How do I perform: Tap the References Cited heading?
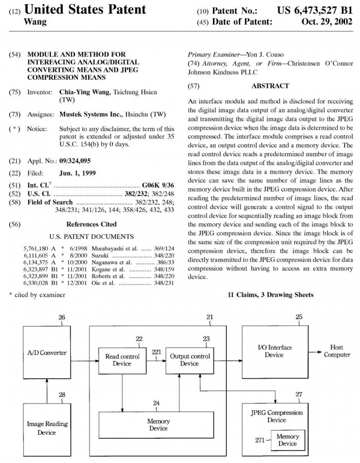pyautogui.click(x=91, y=224)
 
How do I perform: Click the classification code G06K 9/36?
pyautogui.click(x=158, y=184)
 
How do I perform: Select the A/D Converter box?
pyautogui.click(x=47, y=353)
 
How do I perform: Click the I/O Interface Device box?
pyautogui.click(x=274, y=351)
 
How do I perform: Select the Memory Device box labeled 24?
pyautogui.click(x=158, y=424)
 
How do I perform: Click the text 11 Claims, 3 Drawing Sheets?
pyautogui.click(x=270, y=295)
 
